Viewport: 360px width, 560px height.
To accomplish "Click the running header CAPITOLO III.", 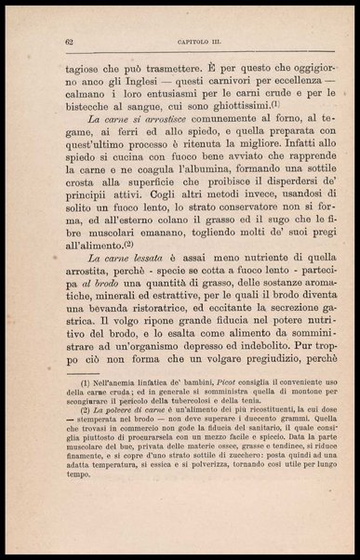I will coord(193,41).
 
